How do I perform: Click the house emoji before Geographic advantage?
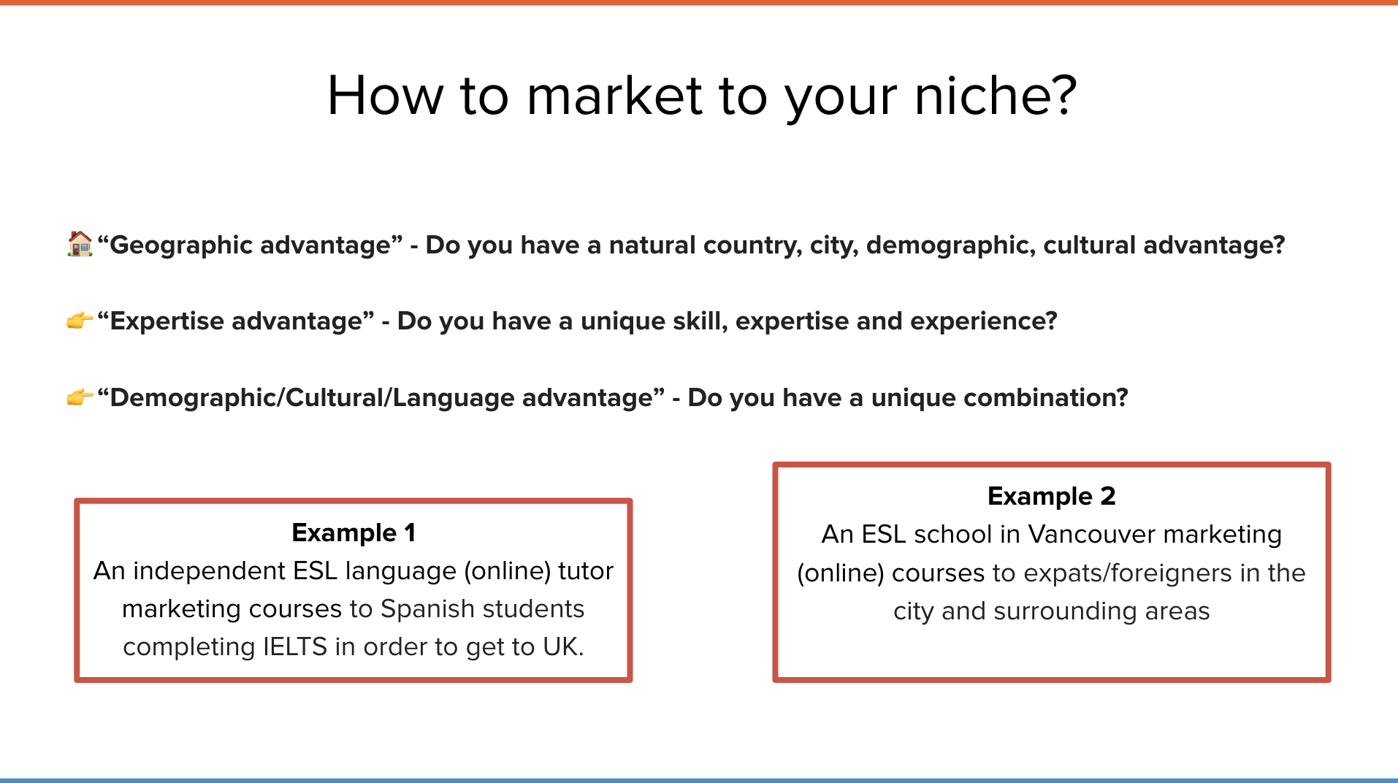pyautogui.click(x=80, y=244)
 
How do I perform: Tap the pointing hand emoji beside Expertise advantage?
pyautogui.click(x=80, y=321)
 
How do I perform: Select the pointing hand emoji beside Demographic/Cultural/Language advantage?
pyautogui.click(x=80, y=397)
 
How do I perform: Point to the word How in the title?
pyautogui.click(x=385, y=96)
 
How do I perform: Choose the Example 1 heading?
pyautogui.click(x=354, y=533)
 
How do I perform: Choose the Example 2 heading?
pyautogui.click(x=1052, y=497)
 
